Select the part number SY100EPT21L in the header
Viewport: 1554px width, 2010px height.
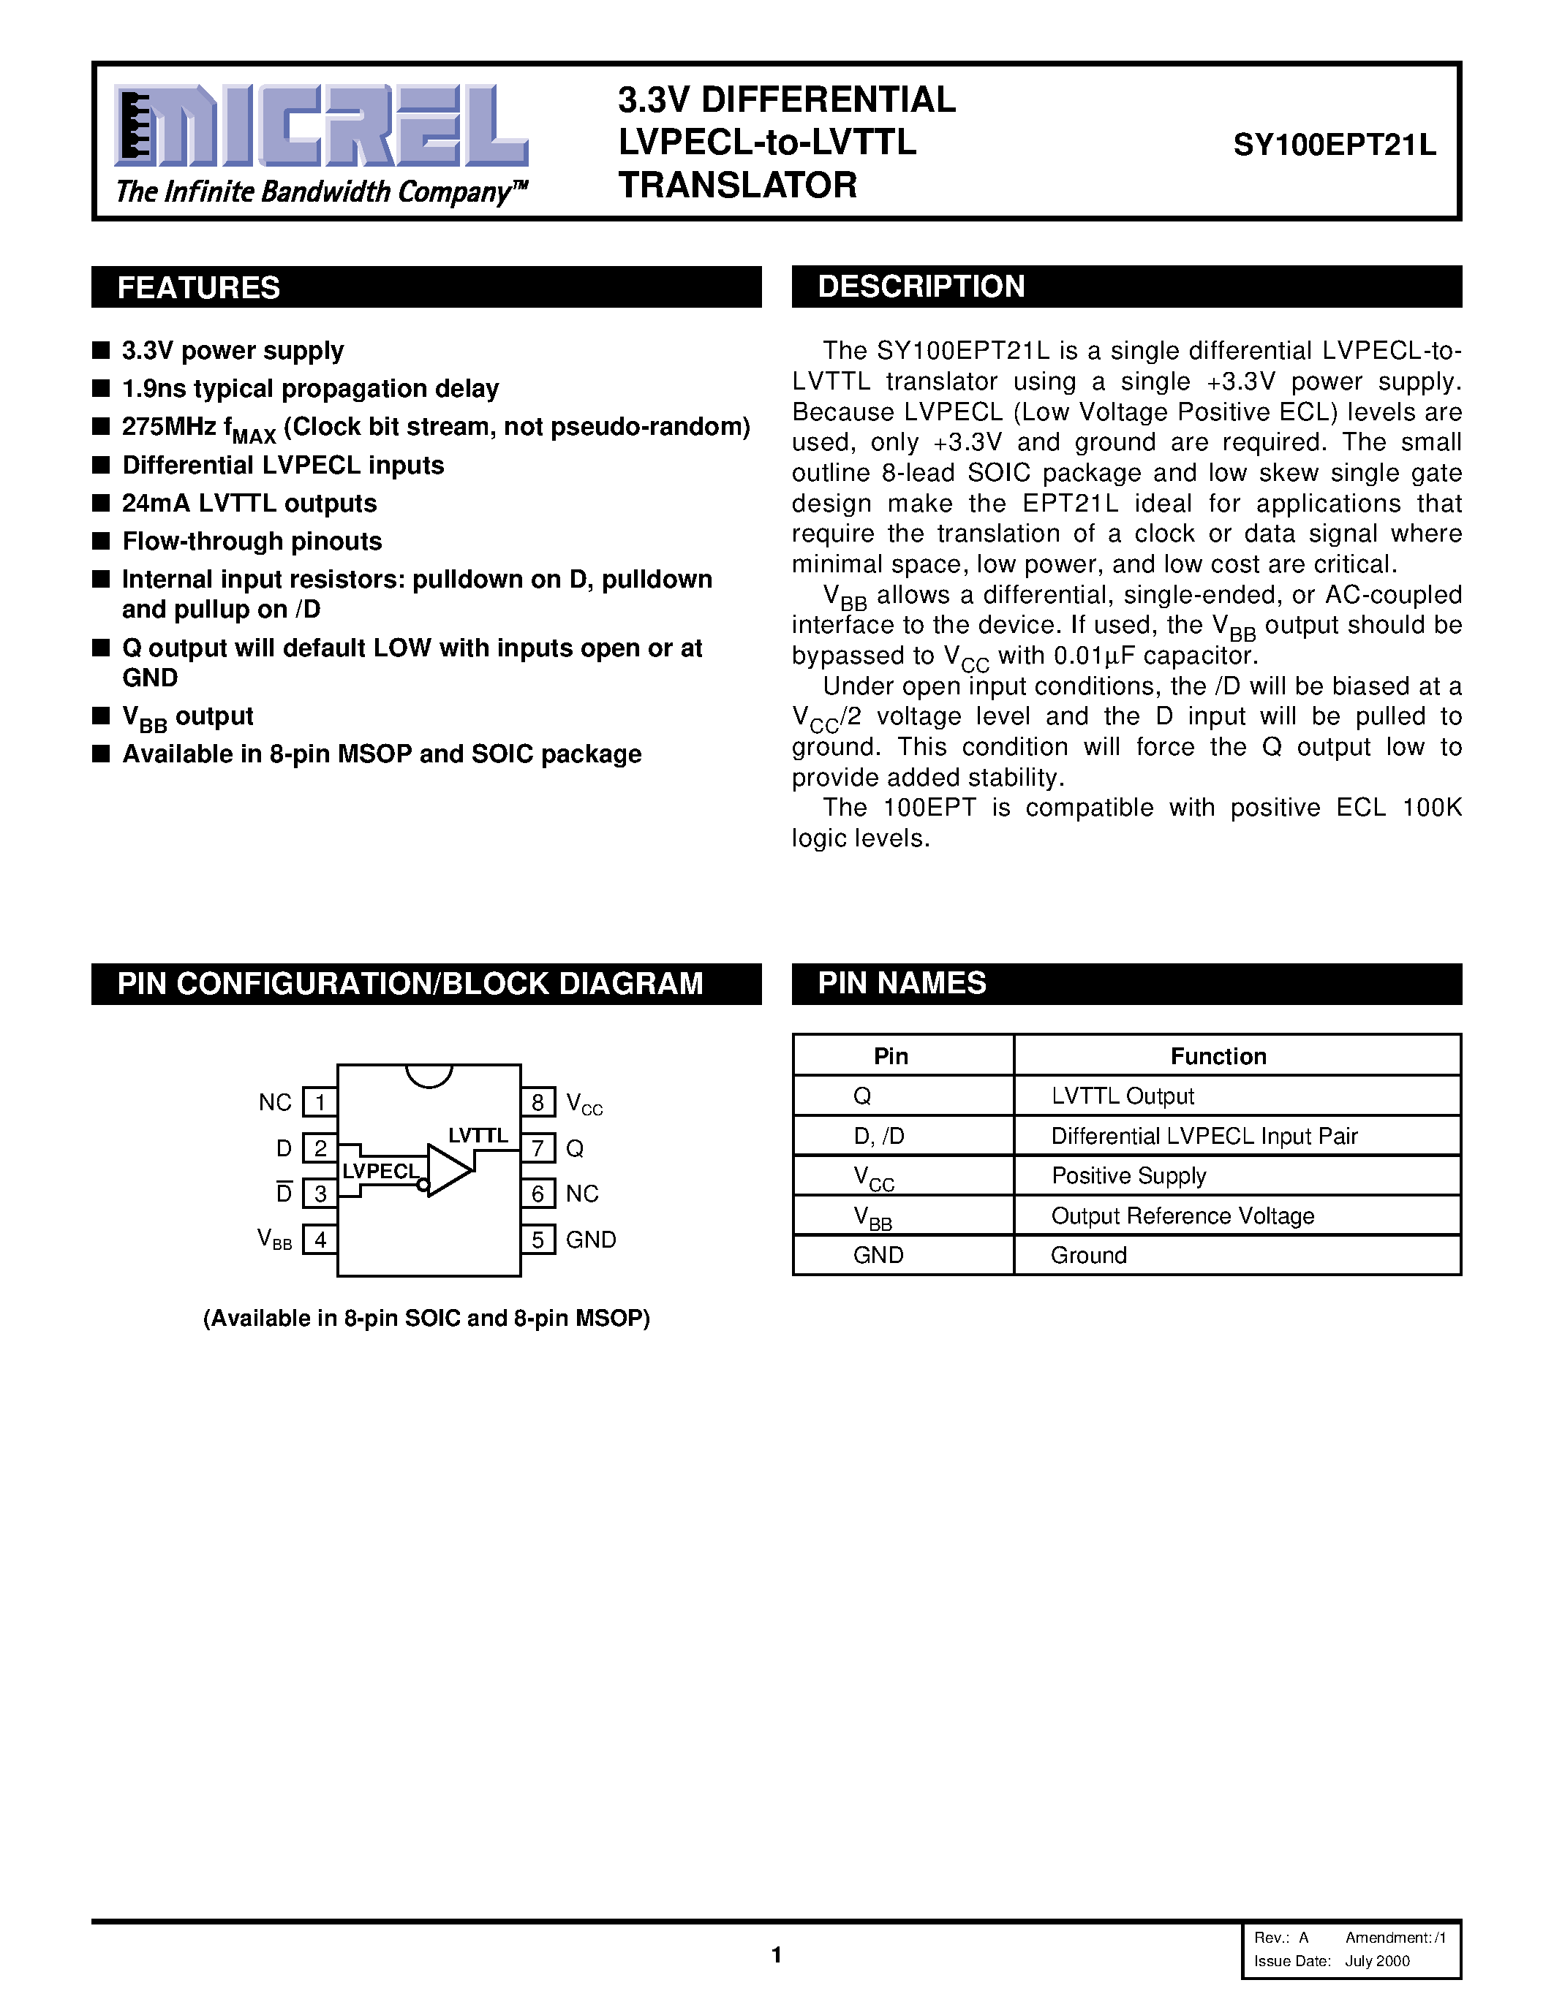pos(1334,145)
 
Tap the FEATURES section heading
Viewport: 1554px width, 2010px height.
pos(199,288)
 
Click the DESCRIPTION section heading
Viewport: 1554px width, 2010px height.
pos(921,287)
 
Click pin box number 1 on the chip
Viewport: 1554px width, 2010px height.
pos(320,1101)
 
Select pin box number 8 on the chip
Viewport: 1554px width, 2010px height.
pos(538,1101)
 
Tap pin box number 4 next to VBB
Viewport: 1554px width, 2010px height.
pos(320,1240)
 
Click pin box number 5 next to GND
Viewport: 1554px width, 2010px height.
pos(538,1240)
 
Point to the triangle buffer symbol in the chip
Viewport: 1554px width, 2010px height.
pos(448,1171)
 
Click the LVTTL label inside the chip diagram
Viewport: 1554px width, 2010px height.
pos(478,1136)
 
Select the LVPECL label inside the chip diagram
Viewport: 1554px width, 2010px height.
pos(380,1171)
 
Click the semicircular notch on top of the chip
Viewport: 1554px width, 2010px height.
pos(429,1075)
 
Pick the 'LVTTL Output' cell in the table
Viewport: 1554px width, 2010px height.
pos(1123,1096)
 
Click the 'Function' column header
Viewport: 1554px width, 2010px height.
pos(1218,1057)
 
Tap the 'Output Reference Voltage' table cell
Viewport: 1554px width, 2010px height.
pos(1182,1216)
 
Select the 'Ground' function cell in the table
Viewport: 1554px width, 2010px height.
pos(1088,1255)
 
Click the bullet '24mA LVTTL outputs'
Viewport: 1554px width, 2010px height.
pos(249,504)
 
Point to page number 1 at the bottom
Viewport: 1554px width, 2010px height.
pos(776,1954)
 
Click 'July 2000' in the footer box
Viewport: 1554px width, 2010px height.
pos(1377,1960)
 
